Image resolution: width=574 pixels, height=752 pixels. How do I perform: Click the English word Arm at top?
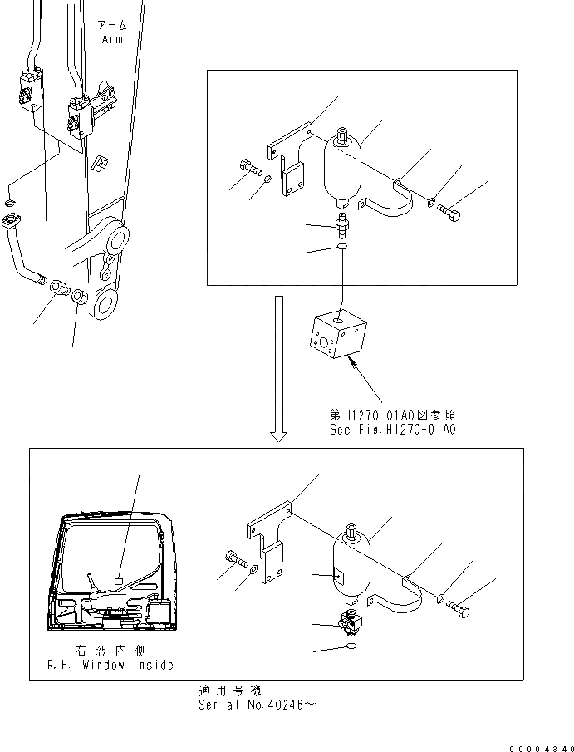[x=112, y=38]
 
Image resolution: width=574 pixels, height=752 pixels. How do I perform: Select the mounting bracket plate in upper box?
[x=291, y=159]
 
